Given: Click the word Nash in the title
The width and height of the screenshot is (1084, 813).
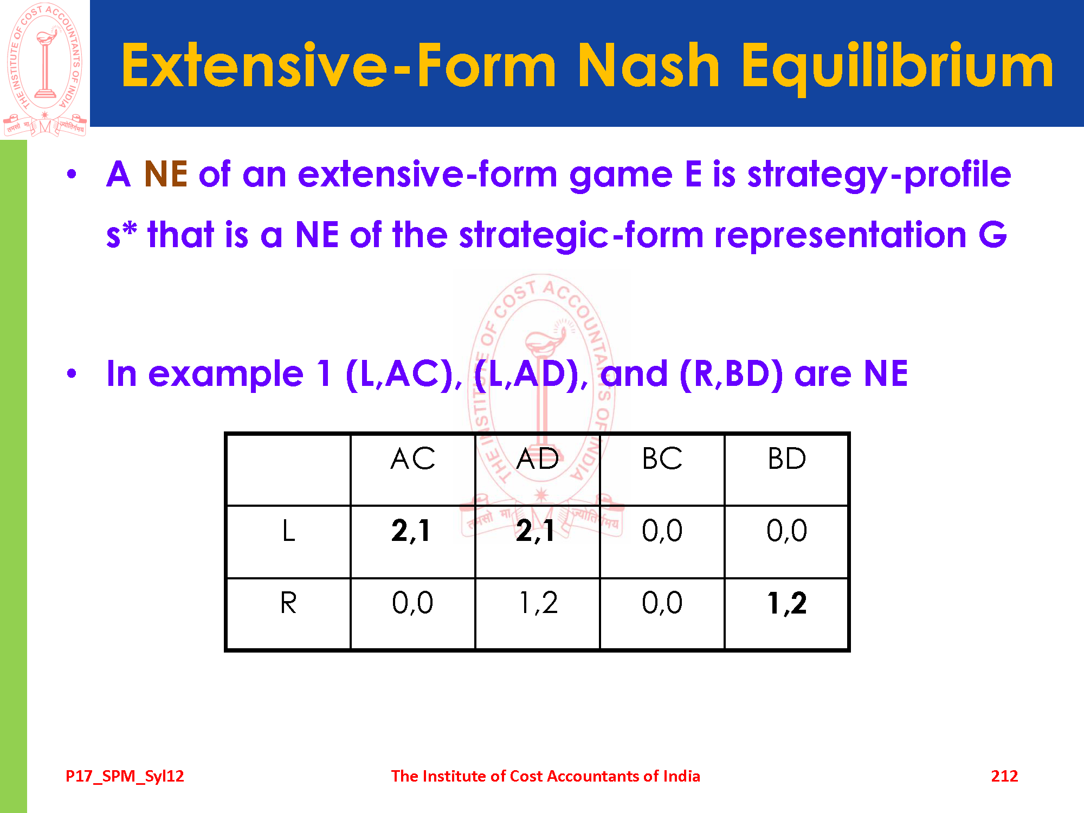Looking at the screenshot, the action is tap(648, 65).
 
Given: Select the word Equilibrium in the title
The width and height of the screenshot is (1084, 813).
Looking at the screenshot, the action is tap(898, 68).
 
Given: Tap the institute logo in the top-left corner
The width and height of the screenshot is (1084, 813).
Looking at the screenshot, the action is tap(45, 69).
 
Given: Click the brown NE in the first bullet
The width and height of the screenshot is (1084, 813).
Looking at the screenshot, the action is tap(166, 174).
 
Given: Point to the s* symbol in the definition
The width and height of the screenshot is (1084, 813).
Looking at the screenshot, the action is tap(121, 234).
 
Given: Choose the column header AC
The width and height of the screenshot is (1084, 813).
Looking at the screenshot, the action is tap(412, 459).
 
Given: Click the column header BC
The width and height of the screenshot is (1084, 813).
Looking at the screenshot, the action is tap(662, 459).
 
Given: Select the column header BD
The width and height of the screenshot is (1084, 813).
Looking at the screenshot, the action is tap(787, 459).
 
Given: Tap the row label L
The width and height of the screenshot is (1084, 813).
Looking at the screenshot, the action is tap(288, 530).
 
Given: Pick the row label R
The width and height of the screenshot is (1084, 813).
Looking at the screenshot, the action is tap(288, 603).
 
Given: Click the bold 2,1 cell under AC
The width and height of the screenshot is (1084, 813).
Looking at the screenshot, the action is tap(411, 531).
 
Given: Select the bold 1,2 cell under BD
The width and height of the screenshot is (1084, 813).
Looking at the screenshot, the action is tap(787, 603).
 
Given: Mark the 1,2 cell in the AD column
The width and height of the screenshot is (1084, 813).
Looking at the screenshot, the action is tap(538, 603).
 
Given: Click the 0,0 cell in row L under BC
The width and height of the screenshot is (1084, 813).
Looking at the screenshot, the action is tap(662, 531).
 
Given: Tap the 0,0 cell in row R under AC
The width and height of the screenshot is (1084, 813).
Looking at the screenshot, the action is tap(412, 603).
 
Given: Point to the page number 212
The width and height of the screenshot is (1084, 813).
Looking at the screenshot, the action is tap(1004, 776).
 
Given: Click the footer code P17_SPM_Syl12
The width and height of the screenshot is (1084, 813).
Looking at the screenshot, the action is tap(125, 777).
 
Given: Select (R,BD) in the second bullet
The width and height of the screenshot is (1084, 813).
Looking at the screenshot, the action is tap(731, 374).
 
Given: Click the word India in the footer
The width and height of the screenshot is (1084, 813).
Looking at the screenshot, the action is tap(682, 776).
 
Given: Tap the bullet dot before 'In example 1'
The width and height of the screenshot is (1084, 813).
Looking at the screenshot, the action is tap(72, 373).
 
